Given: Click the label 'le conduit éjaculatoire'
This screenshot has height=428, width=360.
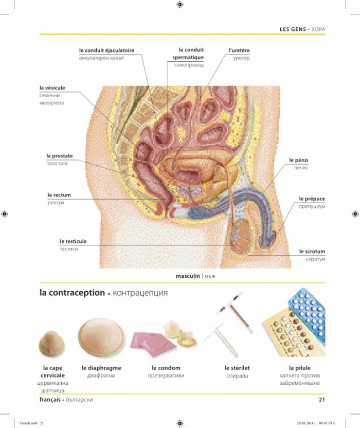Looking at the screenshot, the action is tap(107, 50).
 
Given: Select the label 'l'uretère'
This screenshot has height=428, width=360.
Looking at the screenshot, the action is tap(239, 50).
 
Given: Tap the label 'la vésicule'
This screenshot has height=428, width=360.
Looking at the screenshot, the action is tap(52, 88).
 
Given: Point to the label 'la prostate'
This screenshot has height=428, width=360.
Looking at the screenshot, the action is tap(60, 156).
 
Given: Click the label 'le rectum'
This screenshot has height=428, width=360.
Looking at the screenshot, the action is tap(59, 195).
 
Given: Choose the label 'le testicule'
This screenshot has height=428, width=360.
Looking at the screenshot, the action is tap(73, 241).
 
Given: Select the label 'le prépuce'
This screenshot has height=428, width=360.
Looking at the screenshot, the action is tap(312, 199).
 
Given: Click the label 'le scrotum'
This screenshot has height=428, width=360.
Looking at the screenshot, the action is tap(312, 252).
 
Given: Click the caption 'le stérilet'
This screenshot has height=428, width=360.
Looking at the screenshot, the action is tap(237, 368).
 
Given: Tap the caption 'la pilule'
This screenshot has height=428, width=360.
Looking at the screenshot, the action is tap(300, 368).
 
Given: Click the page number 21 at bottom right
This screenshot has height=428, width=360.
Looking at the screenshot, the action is tap(322, 400).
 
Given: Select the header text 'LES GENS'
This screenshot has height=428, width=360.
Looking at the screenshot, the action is tap(293, 29).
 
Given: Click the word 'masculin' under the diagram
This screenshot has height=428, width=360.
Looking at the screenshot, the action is tap(188, 276).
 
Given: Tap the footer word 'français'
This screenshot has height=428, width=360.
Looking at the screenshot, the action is tap(50, 400).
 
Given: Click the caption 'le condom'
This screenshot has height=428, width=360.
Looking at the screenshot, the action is tap(166, 368).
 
